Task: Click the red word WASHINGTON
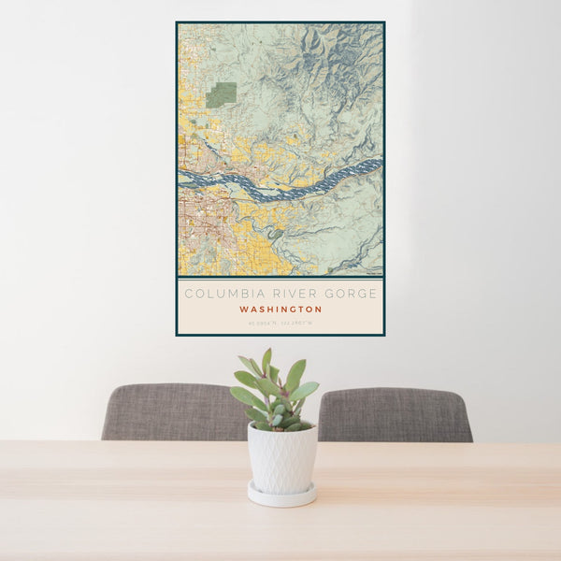(x=280, y=309)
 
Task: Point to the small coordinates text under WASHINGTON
(x=280, y=324)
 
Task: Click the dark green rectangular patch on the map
(x=222, y=94)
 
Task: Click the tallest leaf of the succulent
(x=266, y=361)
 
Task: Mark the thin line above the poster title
(x=280, y=280)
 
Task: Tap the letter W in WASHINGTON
(x=243, y=309)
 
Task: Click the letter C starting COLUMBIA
(x=188, y=294)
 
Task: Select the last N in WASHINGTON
(x=319, y=309)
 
